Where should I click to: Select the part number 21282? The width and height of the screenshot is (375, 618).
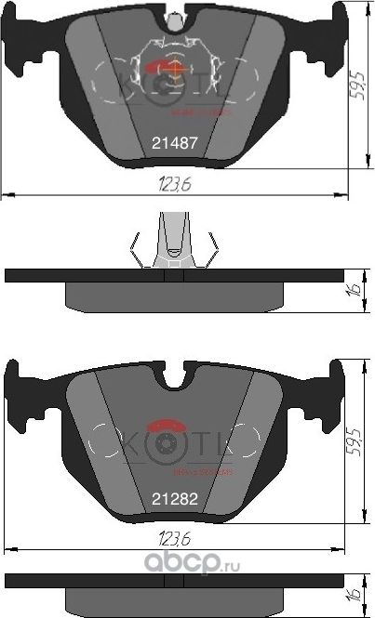pos(174,498)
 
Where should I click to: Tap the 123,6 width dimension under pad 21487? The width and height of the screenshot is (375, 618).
pos(175,185)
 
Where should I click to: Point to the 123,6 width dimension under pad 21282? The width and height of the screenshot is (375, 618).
pos(175,539)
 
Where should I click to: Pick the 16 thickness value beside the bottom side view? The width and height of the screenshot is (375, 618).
pos(354,595)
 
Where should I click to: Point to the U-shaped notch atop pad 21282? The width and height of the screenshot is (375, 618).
pos(174,378)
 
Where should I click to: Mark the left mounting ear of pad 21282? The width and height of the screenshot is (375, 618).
pos(18,390)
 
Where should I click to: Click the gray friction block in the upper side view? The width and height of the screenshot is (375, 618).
pos(174,296)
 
